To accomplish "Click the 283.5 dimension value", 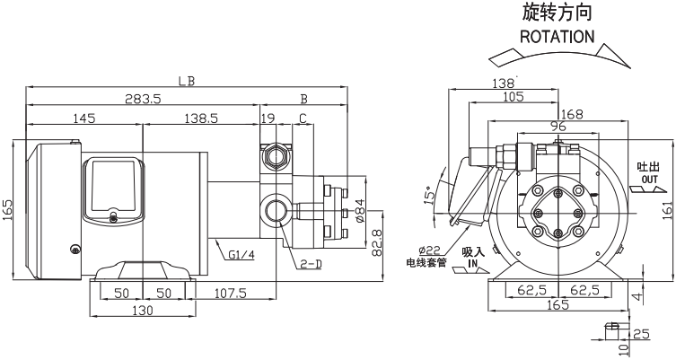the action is click(143, 99).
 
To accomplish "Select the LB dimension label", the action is click(187, 81).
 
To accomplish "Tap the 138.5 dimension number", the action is click(201, 119).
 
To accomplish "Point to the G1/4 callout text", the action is click(241, 255).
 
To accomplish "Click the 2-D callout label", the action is click(311, 264).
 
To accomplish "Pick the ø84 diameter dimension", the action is click(360, 210).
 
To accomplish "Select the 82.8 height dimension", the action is click(377, 242).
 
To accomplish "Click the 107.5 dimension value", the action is click(230, 294).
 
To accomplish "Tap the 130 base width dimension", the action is click(142, 310).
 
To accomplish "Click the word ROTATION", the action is click(557, 37).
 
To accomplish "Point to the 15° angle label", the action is click(429, 196).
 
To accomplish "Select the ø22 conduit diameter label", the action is click(429, 250).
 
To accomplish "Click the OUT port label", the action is click(649, 179).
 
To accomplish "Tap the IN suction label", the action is click(472, 262).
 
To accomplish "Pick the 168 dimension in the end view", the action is click(572, 114).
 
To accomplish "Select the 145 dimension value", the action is click(83, 119).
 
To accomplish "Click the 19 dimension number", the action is click(268, 119).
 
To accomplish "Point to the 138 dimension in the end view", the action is click(504, 83).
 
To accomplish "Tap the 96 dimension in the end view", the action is click(558, 127).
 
